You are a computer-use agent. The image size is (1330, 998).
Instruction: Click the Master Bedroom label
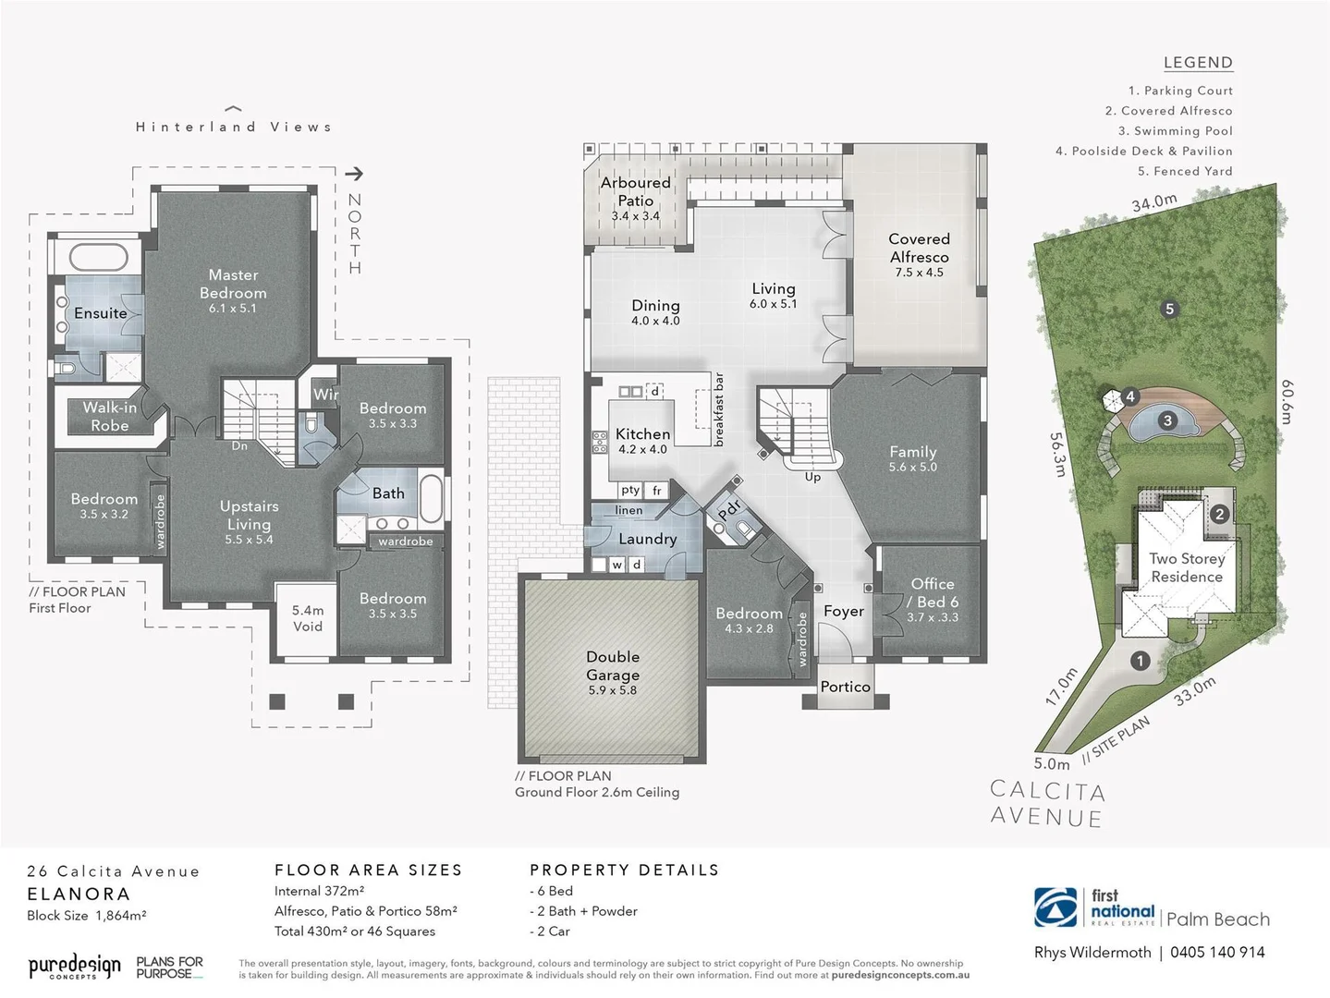click(233, 285)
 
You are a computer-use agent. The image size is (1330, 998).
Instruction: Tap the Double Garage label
click(613, 666)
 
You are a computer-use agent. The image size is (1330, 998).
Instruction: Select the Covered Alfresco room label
click(919, 249)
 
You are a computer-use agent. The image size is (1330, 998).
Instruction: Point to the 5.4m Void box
click(308, 618)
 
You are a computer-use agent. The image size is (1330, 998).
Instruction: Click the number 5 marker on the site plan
click(1169, 310)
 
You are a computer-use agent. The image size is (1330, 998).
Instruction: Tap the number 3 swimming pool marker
click(1167, 421)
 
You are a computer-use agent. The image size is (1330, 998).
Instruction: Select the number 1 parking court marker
click(1141, 661)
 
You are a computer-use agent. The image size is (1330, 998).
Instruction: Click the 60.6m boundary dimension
click(1287, 402)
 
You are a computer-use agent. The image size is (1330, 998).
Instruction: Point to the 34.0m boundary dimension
click(1154, 202)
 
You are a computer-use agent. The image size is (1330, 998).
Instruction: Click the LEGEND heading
click(1198, 63)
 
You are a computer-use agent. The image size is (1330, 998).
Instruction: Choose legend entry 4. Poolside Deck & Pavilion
click(1144, 152)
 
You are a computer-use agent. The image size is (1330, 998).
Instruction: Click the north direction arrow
click(354, 174)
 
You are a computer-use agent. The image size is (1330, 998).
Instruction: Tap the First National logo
click(1094, 907)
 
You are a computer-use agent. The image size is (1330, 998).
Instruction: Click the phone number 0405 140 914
click(1217, 953)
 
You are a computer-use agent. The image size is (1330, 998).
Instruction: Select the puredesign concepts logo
click(74, 967)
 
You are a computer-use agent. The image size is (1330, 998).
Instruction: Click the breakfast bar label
click(719, 410)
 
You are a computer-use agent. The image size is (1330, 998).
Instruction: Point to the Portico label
click(845, 687)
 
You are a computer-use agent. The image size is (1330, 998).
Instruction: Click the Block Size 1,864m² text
click(87, 916)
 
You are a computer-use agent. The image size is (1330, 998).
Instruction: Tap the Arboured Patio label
click(636, 192)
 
